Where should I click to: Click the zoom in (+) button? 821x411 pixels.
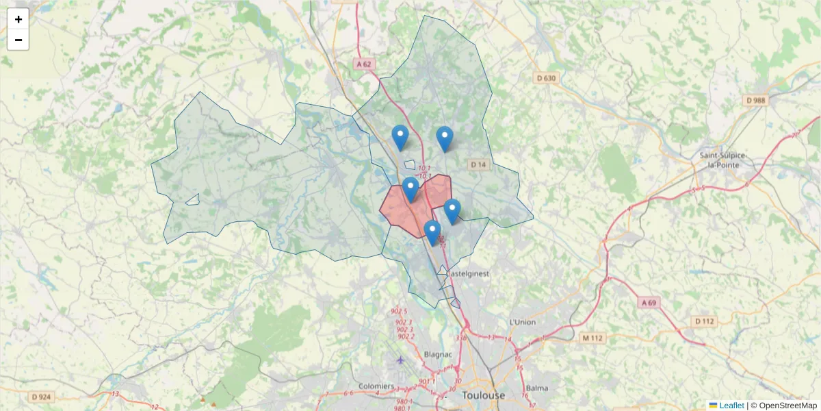coord(18,19)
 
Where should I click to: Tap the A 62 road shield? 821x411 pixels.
coord(364,64)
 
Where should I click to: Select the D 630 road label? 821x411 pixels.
coord(546,78)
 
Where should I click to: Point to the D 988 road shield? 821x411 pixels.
coord(756,100)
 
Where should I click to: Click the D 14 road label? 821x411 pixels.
coord(478,164)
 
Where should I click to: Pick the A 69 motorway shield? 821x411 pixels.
coord(649,302)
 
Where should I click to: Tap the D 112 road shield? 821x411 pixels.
coord(703,321)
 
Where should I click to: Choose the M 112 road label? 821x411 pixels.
coord(593,338)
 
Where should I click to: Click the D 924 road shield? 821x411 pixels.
coord(41,397)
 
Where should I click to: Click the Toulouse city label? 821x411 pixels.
coord(483,396)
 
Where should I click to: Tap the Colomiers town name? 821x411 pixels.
coord(376,386)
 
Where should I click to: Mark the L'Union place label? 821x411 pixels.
coord(523,322)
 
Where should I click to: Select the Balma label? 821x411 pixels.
coord(537,388)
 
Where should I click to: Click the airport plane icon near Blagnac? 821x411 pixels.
coord(400,360)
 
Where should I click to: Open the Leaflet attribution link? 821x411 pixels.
coord(731,406)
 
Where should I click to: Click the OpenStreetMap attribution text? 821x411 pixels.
coord(787,406)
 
